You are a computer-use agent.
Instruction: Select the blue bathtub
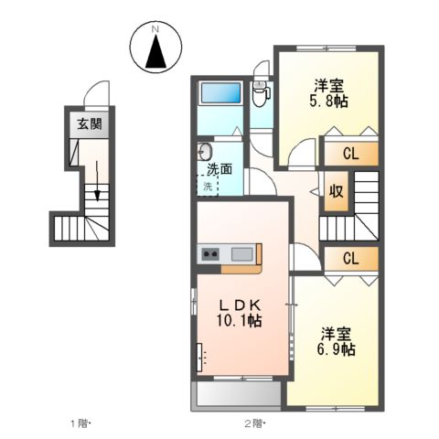(x=219, y=93)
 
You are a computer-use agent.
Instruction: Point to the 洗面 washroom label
(x=219, y=168)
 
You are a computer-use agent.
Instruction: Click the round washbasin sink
(x=203, y=152)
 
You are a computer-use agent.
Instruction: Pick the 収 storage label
(x=337, y=191)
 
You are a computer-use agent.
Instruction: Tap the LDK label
(x=240, y=305)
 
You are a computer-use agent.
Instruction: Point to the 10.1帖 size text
(x=241, y=321)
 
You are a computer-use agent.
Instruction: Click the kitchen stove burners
(x=209, y=253)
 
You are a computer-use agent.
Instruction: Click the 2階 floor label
(x=252, y=423)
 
